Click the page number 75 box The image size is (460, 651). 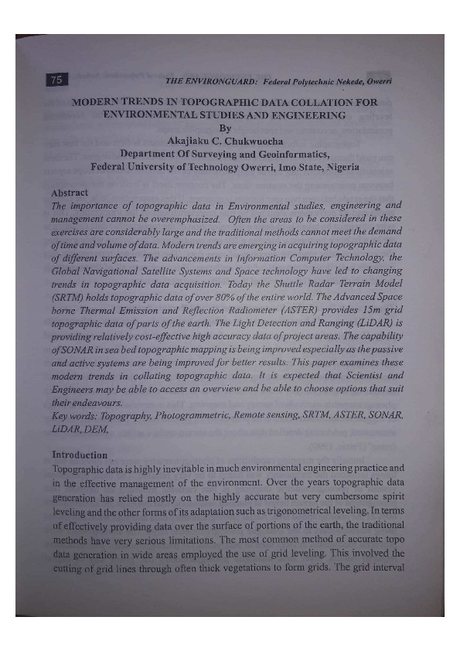point(57,80)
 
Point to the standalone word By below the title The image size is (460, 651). point(226,128)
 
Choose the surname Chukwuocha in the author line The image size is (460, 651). point(250,141)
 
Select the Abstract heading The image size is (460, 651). point(70,193)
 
